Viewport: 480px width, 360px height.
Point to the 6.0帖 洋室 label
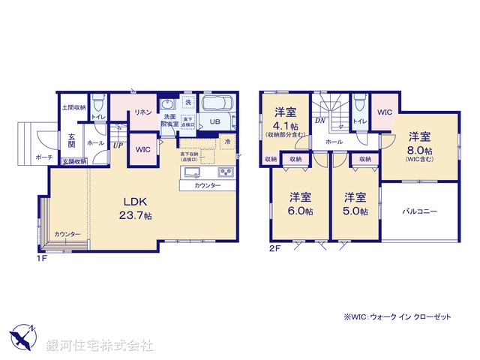pos(301,205)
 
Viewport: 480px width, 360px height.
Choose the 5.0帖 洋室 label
pos(355,205)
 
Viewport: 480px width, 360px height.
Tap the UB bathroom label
pos(214,122)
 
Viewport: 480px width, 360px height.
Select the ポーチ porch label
pos(43,157)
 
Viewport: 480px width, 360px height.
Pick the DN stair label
pos(319,121)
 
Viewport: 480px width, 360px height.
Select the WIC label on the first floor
pos(142,148)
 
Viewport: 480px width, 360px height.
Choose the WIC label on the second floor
pos(384,112)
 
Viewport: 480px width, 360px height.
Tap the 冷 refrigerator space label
pos(226,142)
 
